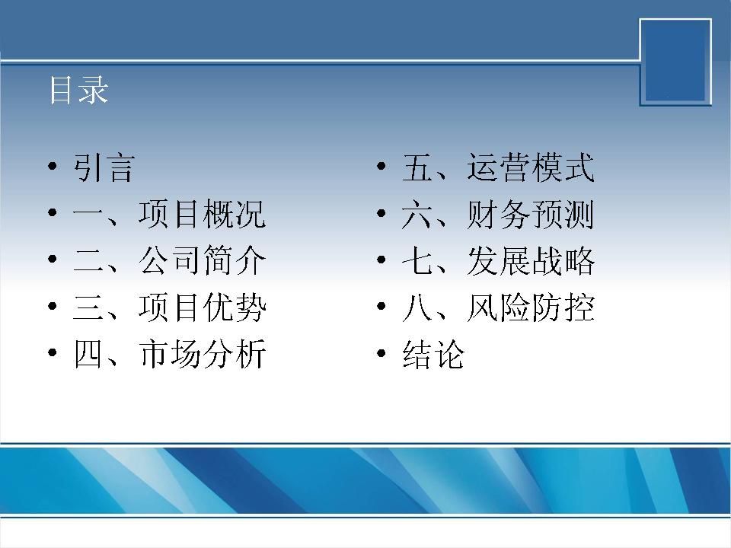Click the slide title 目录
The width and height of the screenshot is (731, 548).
(78, 90)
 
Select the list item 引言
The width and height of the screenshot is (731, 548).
(104, 167)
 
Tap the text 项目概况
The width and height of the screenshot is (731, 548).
(203, 214)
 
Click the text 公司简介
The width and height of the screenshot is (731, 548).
(203, 260)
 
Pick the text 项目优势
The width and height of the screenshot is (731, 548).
(203, 307)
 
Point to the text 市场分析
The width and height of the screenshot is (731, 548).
(203, 354)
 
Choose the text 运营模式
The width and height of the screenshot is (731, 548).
(531, 167)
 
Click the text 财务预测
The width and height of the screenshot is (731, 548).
(531, 214)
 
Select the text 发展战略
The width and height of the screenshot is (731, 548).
(531, 260)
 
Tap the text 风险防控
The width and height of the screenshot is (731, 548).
(531, 307)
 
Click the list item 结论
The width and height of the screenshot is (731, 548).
(433, 354)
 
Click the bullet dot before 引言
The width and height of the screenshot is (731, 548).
(53, 166)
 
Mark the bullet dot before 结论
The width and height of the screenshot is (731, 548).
(381, 352)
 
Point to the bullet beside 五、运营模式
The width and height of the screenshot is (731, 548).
(381, 166)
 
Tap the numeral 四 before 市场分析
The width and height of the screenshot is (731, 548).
(88, 354)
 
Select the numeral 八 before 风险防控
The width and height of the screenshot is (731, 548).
(417, 307)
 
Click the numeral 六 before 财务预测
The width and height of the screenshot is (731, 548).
(417, 215)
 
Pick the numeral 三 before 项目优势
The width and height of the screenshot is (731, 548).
(88, 307)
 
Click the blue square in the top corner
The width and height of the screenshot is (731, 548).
(675, 62)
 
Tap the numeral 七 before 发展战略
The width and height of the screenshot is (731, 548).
(417, 260)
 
